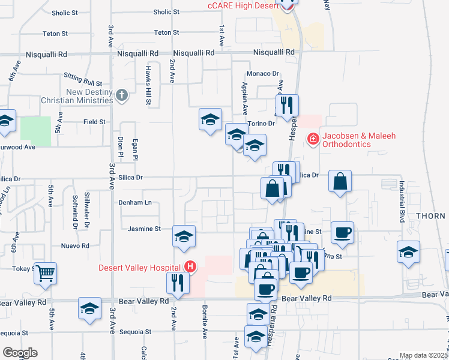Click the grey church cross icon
tap(122, 95)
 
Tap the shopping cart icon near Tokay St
tap(46, 273)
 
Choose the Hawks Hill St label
tap(148, 86)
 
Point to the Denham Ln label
tap(135, 202)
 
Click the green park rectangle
tap(36, 131)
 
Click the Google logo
tap(20, 353)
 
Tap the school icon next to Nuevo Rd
tap(184, 236)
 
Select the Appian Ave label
tap(245, 98)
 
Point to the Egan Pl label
tap(136, 149)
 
